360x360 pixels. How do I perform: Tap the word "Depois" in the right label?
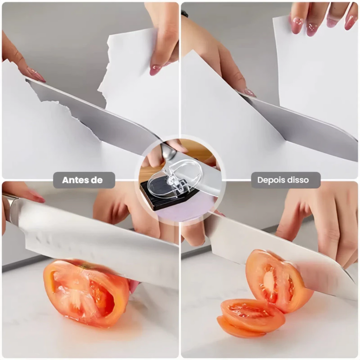[270, 180]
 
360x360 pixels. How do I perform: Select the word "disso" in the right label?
[297, 180]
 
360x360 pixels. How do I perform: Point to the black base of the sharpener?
[161, 198]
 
